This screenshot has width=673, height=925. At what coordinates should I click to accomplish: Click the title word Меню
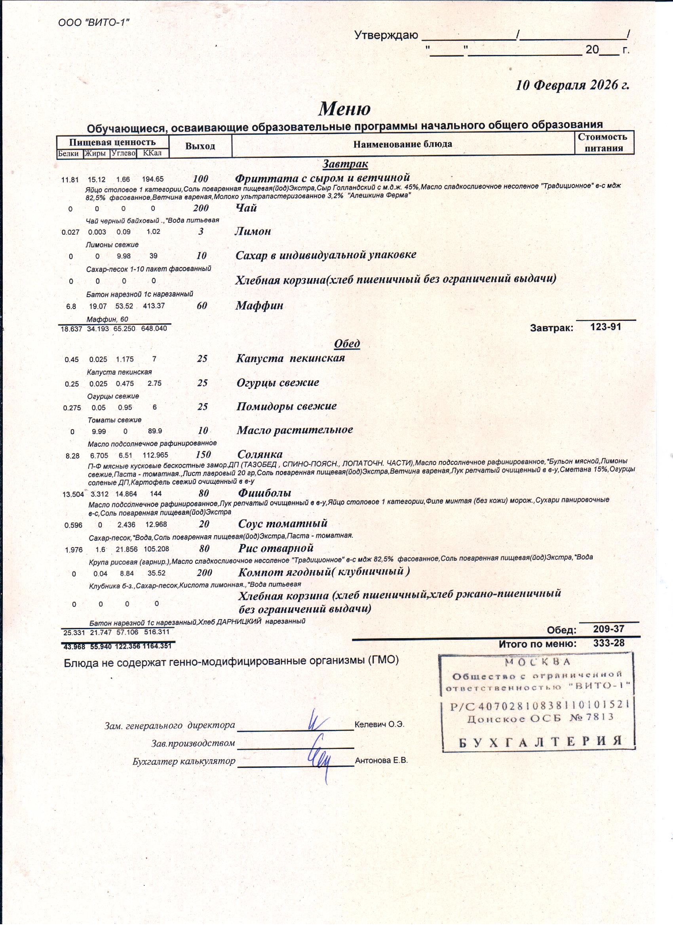pos(344,108)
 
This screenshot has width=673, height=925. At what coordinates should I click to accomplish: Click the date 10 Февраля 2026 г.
pos(572,85)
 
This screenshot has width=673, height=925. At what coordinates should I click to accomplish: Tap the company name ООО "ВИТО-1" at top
pos(94,22)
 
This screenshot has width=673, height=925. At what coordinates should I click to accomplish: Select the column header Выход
pos(200,146)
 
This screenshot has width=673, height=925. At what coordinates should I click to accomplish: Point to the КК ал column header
pos(152,154)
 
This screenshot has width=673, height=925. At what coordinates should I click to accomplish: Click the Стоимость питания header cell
pos(604,142)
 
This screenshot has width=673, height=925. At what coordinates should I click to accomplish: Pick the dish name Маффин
pos(259,306)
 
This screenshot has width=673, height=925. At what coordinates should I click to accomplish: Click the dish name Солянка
pos(260,454)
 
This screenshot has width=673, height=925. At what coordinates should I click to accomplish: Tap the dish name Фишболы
pos(264,493)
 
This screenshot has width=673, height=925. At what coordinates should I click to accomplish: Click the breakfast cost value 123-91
pos(606,327)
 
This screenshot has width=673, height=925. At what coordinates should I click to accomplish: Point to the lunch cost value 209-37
pos(608,629)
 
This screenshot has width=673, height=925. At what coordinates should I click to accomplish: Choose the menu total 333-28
pos(608,643)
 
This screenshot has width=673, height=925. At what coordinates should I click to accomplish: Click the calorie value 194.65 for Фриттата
pos(153,179)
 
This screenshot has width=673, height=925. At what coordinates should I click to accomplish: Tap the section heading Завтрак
pos(345,164)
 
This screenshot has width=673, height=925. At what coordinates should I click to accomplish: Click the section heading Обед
pos(347,343)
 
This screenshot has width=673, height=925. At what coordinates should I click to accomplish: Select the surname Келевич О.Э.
pos(379,724)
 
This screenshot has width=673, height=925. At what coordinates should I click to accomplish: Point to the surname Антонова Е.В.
pos(381,760)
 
